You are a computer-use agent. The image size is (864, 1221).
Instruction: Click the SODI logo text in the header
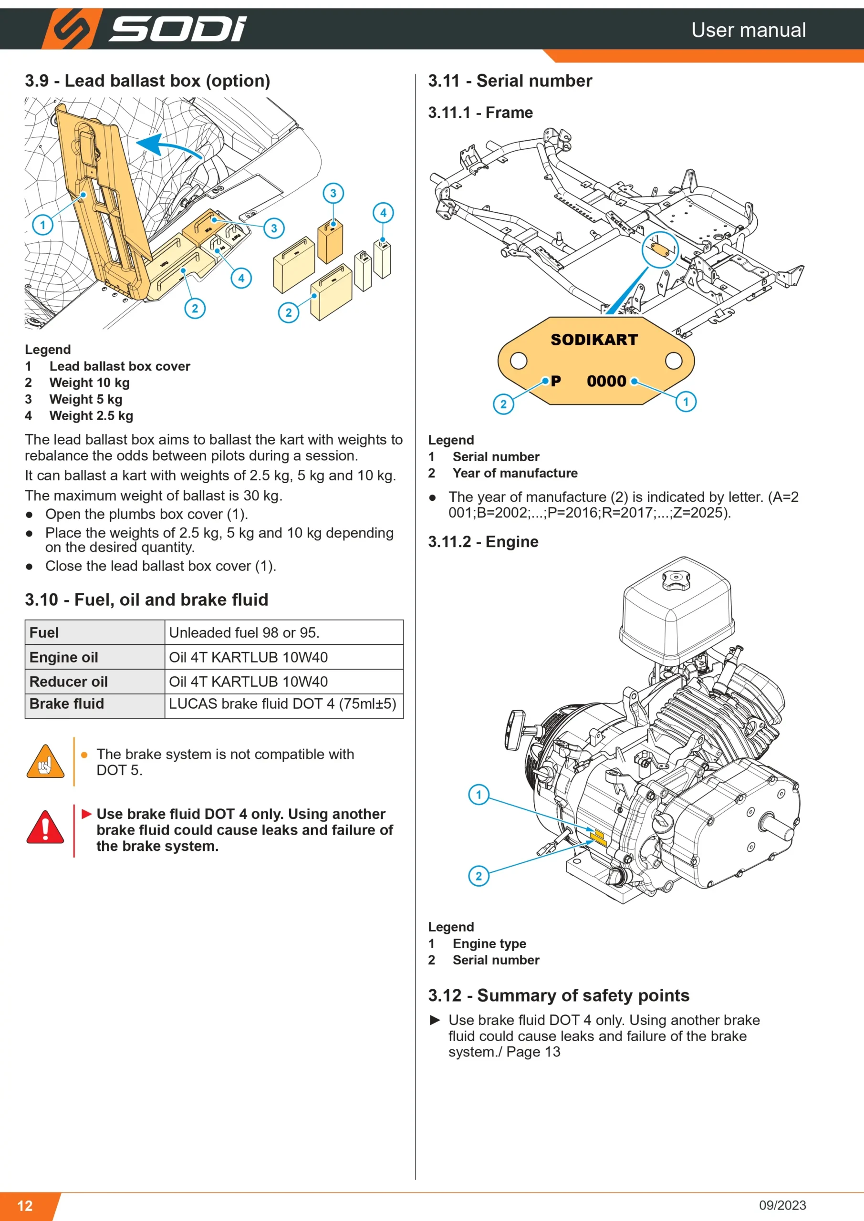pyautogui.click(x=177, y=29)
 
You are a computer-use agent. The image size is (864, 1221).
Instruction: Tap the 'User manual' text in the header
pyautogui.click(x=749, y=30)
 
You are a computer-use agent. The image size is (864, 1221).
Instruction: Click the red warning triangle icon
pyautogui.click(x=45, y=828)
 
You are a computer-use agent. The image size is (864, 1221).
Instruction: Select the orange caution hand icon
pyautogui.click(x=45, y=762)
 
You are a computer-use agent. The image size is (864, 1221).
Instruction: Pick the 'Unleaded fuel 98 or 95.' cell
pyautogui.click(x=244, y=632)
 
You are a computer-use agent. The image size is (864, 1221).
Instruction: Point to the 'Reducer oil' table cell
pyautogui.click(x=69, y=681)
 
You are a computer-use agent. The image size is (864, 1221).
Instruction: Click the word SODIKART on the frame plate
pyautogui.click(x=594, y=339)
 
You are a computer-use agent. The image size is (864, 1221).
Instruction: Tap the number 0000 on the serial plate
pyautogui.click(x=606, y=381)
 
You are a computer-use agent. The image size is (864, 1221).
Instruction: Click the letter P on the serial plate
pyautogui.click(x=556, y=381)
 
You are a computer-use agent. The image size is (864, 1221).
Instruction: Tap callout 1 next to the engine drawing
pyautogui.click(x=479, y=795)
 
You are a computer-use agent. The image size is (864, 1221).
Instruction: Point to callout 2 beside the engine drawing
pyautogui.click(x=479, y=876)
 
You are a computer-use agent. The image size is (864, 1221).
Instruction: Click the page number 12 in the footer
pyautogui.click(x=25, y=1206)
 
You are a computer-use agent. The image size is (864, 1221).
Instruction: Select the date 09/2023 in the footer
pyautogui.click(x=782, y=1205)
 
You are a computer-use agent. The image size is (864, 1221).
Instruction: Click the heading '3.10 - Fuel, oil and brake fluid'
pyautogui.click(x=146, y=600)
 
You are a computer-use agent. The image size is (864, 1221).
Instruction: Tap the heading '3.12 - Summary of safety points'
pyautogui.click(x=559, y=995)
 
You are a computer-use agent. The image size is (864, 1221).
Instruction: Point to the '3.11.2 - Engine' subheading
pyautogui.click(x=483, y=541)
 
